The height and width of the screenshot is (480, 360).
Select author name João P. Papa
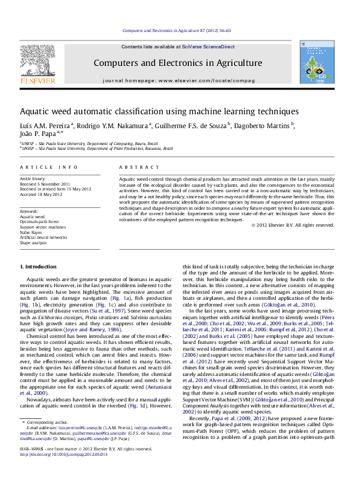(x=38, y=134)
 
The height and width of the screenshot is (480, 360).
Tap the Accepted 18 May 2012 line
(x=41, y=195)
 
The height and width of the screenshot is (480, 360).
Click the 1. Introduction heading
(x=39, y=267)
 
